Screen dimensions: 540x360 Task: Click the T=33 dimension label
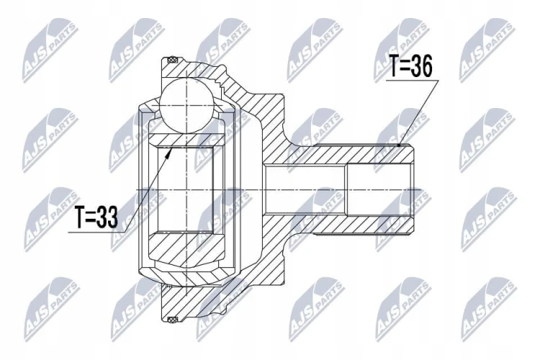(96, 217)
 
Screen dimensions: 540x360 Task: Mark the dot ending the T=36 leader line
(399, 145)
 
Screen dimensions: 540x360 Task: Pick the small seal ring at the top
(171, 60)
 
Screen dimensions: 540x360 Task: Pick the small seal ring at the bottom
(171, 320)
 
